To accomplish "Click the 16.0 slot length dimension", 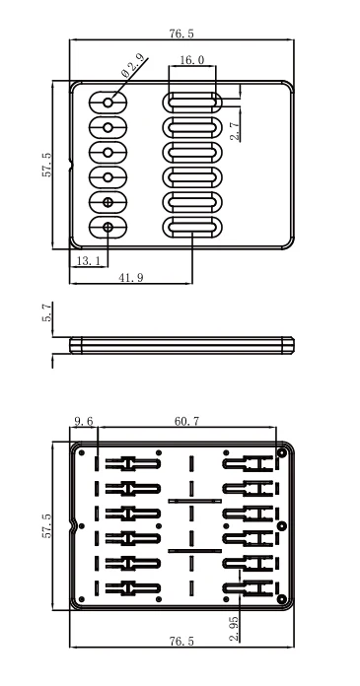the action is coord(191,60).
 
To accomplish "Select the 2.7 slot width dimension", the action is coord(235,130).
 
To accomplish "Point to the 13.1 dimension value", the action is coord(88,261).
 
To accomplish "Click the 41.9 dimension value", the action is coord(131,277).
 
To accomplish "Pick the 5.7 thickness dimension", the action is coord(47,312).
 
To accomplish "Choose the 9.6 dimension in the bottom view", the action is coord(83,421).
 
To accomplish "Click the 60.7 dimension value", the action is coord(187,421).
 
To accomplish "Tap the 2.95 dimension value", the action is coord(235,629).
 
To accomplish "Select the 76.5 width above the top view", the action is coord(181,34).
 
